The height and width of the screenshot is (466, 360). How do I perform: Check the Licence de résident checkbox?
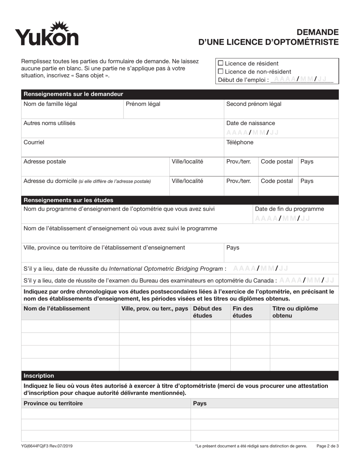point(221,63)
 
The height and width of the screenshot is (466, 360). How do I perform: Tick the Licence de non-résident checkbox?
point(221,72)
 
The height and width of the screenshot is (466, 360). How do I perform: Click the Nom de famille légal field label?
point(50,104)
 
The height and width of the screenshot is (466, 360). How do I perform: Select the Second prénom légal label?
point(254,104)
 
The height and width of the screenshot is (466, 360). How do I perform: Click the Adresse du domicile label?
point(50,181)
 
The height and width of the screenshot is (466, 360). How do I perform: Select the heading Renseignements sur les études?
point(68,200)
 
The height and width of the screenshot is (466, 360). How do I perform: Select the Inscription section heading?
point(39,376)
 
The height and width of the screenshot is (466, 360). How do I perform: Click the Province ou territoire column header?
point(53,403)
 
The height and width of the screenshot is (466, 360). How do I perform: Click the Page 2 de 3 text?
point(327,446)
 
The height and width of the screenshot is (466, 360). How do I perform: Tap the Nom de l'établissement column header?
point(57,308)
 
